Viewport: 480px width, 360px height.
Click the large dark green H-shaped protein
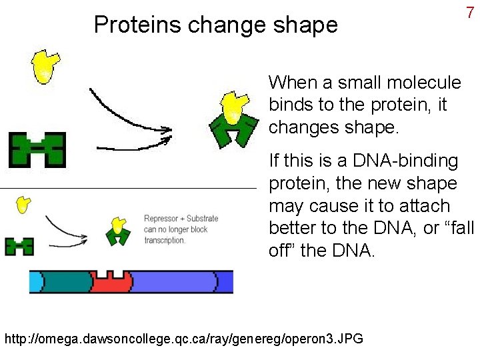point(37,149)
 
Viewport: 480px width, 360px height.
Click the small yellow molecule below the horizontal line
point(23,205)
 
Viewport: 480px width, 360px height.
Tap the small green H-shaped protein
point(19,247)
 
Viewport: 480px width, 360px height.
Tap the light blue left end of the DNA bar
point(35,282)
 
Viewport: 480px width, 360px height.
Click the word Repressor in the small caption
point(161,219)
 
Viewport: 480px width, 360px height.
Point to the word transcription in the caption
point(165,240)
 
